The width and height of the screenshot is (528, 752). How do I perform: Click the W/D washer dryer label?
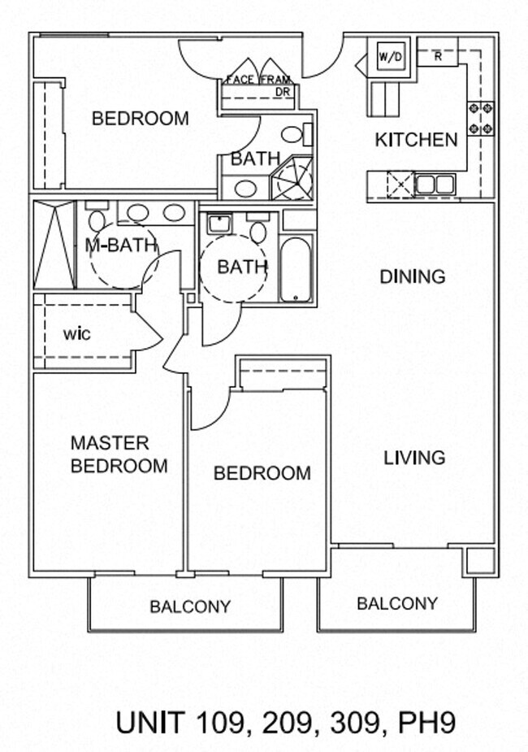pyautogui.click(x=391, y=58)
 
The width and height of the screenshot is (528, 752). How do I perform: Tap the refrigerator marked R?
pyautogui.click(x=438, y=57)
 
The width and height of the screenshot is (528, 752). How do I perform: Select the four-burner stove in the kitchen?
pyautogui.click(x=480, y=118)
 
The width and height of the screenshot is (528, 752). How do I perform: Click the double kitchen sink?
pyautogui.click(x=435, y=185)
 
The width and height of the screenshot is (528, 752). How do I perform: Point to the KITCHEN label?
pyautogui.click(x=416, y=140)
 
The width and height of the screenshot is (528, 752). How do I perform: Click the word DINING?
pyautogui.click(x=413, y=276)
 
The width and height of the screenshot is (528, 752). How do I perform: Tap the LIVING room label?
pyautogui.click(x=414, y=458)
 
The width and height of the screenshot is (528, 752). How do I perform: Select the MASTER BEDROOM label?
pyautogui.click(x=119, y=454)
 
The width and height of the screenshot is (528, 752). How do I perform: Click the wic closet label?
pyautogui.click(x=76, y=334)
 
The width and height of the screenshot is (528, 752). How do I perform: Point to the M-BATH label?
pyautogui.click(x=121, y=246)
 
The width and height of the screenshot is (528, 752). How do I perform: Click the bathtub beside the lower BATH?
pyautogui.click(x=296, y=270)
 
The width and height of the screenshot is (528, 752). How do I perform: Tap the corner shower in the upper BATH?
pyautogui.click(x=292, y=178)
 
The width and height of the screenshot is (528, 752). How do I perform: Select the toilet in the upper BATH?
pyautogui.click(x=296, y=134)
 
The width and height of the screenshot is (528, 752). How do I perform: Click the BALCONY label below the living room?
pyautogui.click(x=397, y=603)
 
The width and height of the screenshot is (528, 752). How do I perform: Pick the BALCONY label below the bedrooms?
pyautogui.click(x=190, y=606)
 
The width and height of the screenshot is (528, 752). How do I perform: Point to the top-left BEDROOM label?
pyautogui.click(x=141, y=119)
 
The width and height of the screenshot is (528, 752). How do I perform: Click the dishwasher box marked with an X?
pyautogui.click(x=400, y=185)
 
